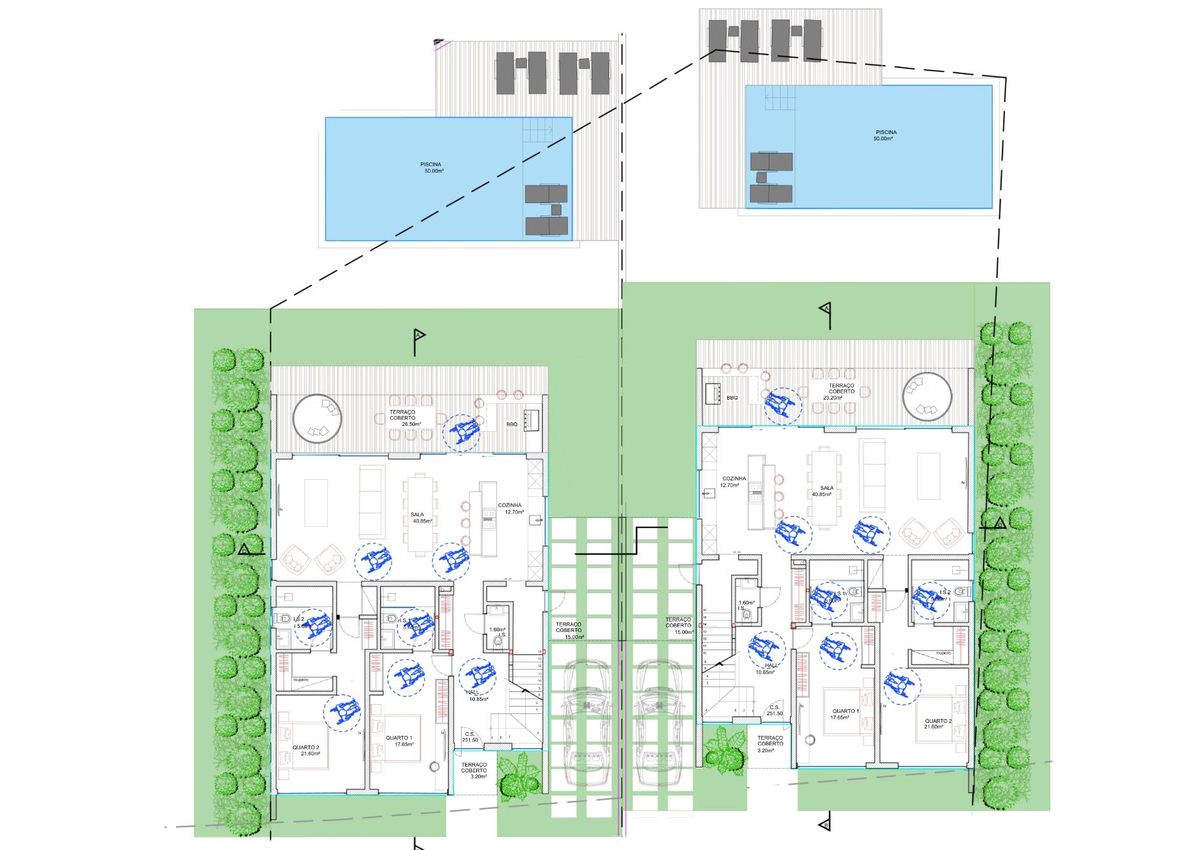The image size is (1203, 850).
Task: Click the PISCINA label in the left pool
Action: point(430,167)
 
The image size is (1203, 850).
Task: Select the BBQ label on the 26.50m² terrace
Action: point(512,424)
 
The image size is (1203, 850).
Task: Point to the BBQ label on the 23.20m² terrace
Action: point(732,398)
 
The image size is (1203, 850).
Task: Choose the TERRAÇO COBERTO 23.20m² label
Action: point(841,391)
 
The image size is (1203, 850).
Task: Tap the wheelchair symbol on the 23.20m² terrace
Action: point(783,405)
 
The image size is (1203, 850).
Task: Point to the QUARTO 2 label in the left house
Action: point(306,750)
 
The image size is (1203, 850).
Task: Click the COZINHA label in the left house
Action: point(511,508)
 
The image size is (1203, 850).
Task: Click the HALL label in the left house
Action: point(476,695)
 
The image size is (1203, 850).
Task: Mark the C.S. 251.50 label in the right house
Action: point(774,710)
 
